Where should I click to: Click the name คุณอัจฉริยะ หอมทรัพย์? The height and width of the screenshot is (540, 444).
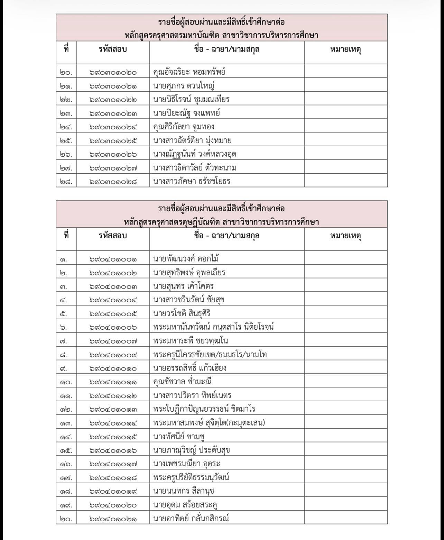tap(189, 72)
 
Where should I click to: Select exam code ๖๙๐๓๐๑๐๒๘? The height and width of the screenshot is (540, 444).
tap(113, 181)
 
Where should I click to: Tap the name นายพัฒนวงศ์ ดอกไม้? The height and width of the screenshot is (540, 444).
tap(186, 259)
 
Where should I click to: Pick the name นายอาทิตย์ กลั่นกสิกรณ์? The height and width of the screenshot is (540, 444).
tap(191, 519)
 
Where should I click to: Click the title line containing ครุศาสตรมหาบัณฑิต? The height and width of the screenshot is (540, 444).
tap(221, 35)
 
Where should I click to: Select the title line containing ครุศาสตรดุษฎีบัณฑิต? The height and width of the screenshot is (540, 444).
tap(221, 222)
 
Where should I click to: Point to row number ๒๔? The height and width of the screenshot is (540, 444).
tap(66, 127)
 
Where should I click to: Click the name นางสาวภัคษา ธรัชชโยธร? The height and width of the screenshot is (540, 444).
tap(192, 181)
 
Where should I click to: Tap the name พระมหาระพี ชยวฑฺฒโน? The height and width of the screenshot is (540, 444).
tap(191, 341)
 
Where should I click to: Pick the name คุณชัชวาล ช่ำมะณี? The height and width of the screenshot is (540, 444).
tap(182, 382)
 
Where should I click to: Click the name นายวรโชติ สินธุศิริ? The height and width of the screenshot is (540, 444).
tap(182, 313)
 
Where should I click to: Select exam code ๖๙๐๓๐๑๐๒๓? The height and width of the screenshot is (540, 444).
tap(113, 113)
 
